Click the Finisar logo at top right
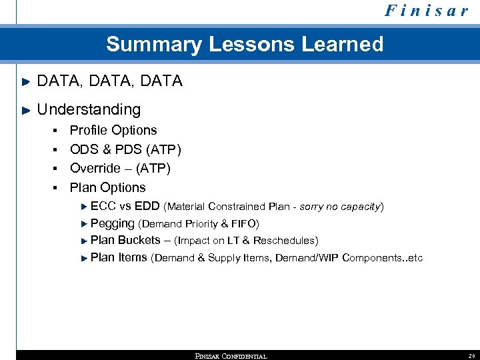tap(426, 11)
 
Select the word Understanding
tap(89, 109)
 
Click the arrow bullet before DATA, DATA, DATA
tap(27, 81)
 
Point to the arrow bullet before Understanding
tap(27, 110)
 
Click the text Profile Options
tap(113, 131)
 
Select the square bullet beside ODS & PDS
tap(58, 150)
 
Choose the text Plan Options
tap(107, 188)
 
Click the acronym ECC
tap(103, 207)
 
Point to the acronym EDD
tap(147, 207)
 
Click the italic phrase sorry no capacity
tap(339, 207)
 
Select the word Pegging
tap(112, 223)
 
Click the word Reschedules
tap(284, 241)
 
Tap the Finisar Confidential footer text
tap(231, 356)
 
